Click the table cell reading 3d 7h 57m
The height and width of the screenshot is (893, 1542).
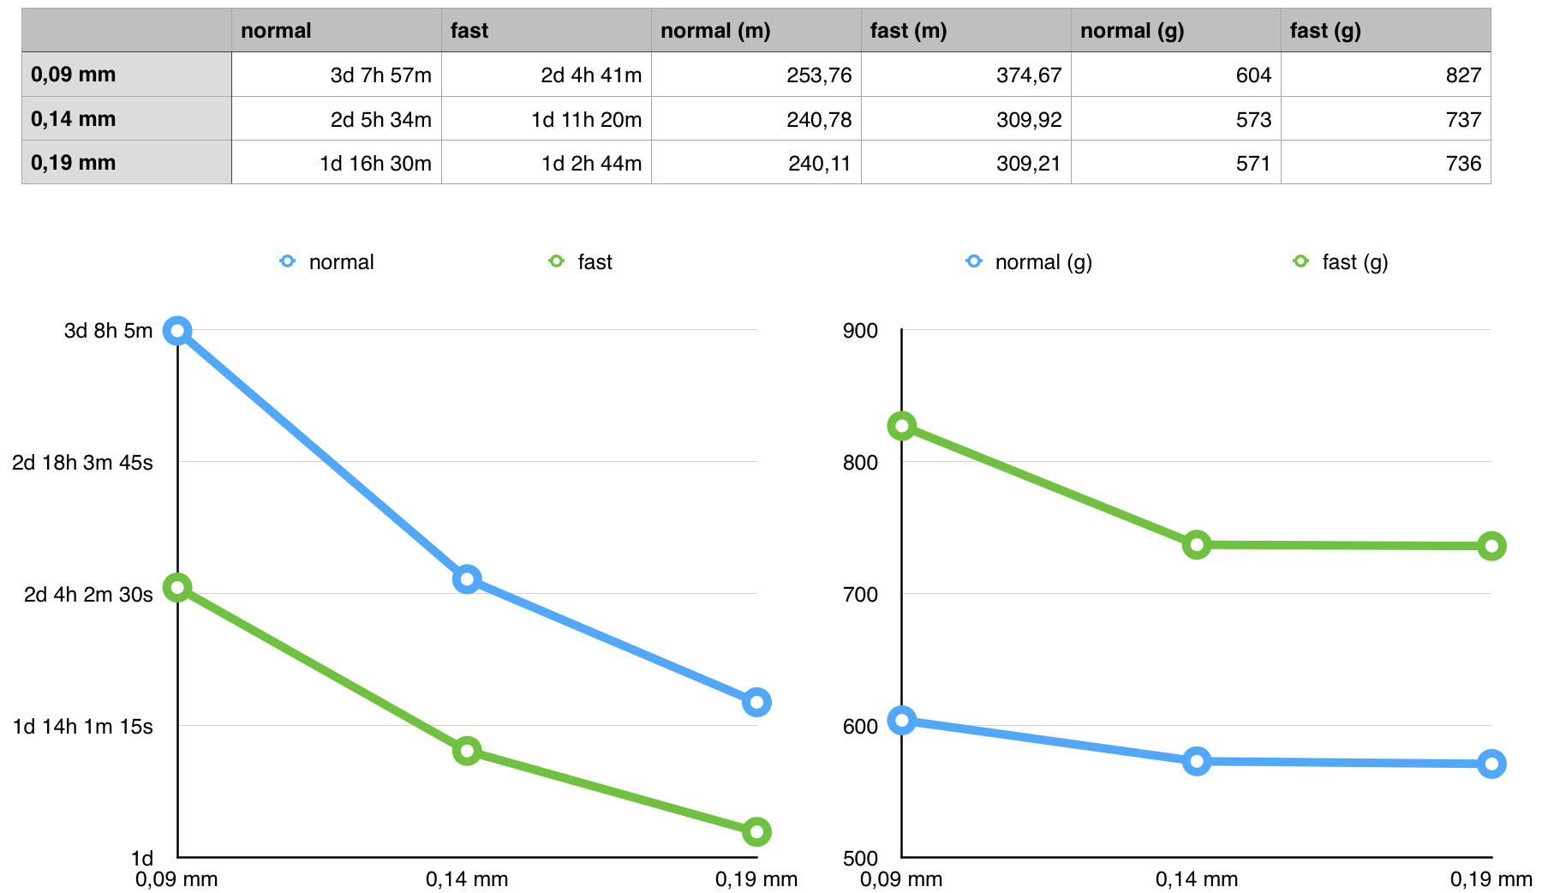(380, 75)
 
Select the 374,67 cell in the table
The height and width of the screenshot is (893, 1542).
(1028, 75)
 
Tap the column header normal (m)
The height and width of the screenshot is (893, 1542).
(715, 31)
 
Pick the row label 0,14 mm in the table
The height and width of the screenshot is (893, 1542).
(74, 119)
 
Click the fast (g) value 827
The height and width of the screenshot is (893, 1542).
(1462, 75)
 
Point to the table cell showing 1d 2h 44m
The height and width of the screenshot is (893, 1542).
(591, 164)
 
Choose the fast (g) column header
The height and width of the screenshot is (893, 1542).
(1325, 31)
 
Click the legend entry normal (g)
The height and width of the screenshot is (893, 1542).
(1043, 262)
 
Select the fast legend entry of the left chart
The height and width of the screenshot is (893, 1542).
(595, 262)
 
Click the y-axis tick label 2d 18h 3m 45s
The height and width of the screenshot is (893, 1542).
(82, 463)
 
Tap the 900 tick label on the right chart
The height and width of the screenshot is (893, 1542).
(860, 331)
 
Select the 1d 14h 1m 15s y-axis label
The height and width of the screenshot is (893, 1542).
(82, 727)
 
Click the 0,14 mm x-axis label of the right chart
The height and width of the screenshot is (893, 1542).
(1196, 879)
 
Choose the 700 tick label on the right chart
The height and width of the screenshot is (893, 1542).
(860, 595)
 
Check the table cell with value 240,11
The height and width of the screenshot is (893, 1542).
(819, 164)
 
